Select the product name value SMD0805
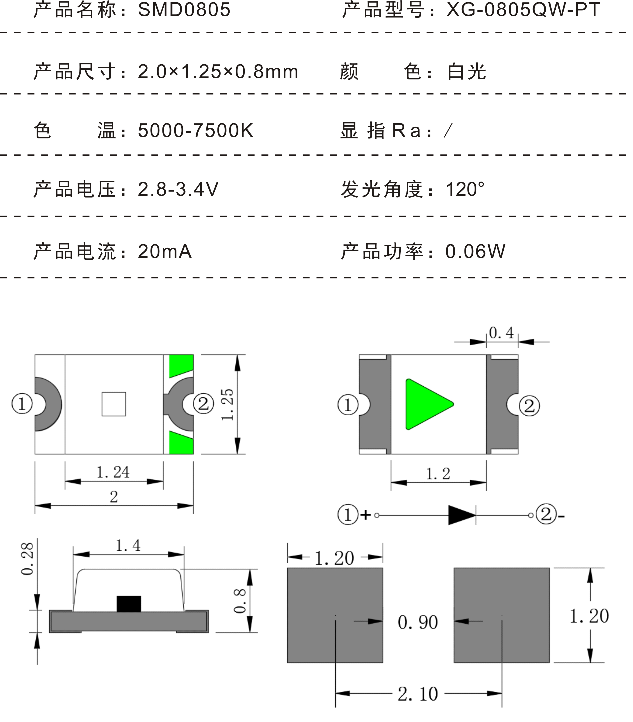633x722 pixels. tap(184, 10)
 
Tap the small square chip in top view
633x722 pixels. tap(114, 404)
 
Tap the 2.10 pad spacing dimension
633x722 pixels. tap(418, 694)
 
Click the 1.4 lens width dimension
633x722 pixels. tap(128, 546)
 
